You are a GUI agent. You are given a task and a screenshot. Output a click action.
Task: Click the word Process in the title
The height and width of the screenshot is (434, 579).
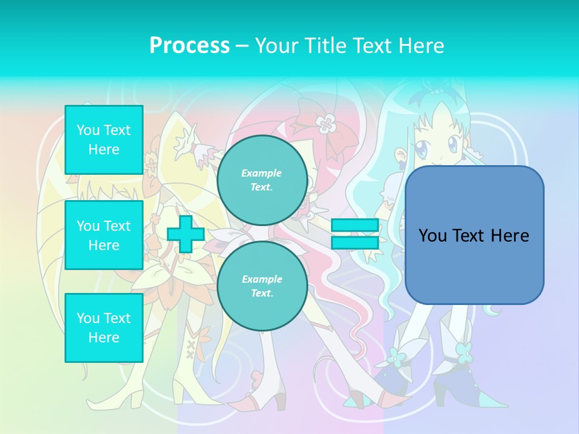tap(189, 46)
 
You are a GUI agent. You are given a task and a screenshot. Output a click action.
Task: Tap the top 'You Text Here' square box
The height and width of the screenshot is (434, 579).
tap(104, 140)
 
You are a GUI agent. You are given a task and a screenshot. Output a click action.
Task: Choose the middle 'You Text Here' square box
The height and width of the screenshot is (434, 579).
tap(104, 235)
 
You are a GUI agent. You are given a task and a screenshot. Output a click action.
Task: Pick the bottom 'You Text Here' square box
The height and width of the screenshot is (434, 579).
tap(104, 328)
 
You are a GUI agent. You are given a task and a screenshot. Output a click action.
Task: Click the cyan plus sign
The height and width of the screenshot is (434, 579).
tap(186, 234)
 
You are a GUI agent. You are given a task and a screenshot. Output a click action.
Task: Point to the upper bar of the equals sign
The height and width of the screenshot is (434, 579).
tap(355, 225)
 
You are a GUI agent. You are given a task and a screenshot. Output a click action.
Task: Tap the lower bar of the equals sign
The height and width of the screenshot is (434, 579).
tap(355, 243)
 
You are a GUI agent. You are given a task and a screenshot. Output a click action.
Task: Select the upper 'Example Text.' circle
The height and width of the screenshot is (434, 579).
tap(262, 180)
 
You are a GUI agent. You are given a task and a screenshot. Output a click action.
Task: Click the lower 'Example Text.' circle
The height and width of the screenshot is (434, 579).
tap(262, 286)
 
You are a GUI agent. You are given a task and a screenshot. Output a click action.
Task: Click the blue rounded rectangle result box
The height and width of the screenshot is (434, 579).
tap(474, 235)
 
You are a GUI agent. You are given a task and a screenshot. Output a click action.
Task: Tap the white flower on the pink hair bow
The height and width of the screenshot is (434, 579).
tap(326, 124)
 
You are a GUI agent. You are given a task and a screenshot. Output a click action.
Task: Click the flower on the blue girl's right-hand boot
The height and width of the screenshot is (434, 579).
tap(464, 350)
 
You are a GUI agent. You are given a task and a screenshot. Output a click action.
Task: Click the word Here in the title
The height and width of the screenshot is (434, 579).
tap(421, 46)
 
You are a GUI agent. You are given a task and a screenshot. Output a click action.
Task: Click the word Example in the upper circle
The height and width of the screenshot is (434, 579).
tap(262, 173)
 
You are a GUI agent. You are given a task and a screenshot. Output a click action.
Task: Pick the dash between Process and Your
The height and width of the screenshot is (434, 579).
tap(242, 46)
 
